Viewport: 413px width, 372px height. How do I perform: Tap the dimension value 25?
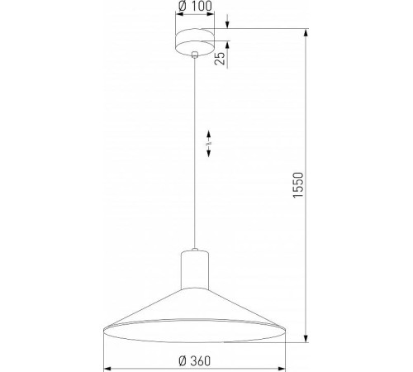click(220, 59)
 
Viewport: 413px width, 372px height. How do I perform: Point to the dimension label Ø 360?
click(195, 360)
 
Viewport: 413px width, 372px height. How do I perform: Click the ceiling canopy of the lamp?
click(194, 42)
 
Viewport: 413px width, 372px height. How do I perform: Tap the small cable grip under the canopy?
click(194, 56)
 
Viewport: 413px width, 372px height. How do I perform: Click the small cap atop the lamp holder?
click(194, 250)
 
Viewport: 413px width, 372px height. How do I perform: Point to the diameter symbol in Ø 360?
click(180, 360)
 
